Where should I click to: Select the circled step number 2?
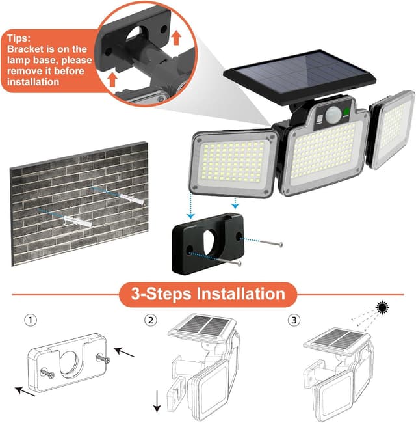(151, 320)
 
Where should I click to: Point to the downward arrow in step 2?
(157, 398)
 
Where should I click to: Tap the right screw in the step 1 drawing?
(102, 357)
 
